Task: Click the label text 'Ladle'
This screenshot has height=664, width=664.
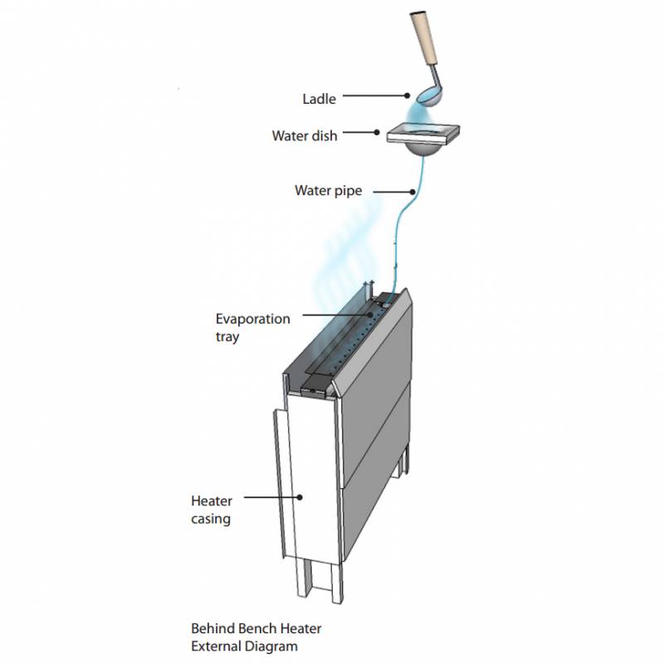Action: (x=319, y=99)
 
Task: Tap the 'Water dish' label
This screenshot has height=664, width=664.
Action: (x=305, y=136)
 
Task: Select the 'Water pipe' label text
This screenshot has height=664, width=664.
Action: (x=328, y=191)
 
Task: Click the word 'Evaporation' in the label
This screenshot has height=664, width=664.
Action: (x=253, y=319)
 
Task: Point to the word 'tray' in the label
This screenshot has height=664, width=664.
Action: (x=227, y=337)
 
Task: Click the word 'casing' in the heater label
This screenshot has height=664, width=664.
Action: (x=211, y=520)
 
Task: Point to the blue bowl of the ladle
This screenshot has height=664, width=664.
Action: (x=428, y=97)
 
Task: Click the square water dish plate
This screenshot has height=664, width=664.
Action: (x=423, y=133)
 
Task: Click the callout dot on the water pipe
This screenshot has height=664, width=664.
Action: (x=413, y=192)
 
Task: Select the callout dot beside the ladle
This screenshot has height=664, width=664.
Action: (x=407, y=95)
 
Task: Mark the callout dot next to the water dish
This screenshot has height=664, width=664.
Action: (x=377, y=133)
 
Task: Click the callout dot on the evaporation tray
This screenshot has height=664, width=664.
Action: (x=370, y=315)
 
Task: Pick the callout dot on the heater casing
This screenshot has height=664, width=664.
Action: (x=300, y=497)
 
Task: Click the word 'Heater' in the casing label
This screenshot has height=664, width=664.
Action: (x=212, y=501)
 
